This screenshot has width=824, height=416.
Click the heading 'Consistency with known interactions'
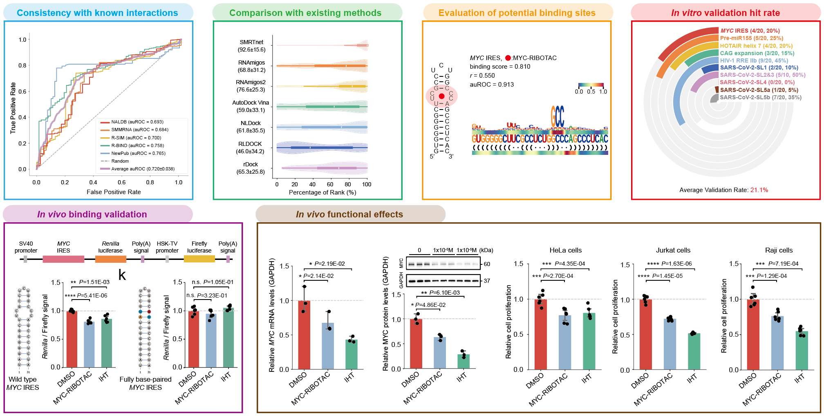pyautogui.click(x=97, y=13)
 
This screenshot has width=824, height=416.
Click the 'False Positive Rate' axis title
pyautogui.click(x=114, y=192)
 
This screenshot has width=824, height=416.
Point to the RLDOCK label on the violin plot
pyautogui.click(x=250, y=144)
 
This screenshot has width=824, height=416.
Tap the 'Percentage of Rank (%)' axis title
pyautogui.click(x=322, y=192)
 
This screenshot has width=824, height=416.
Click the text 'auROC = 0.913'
pyautogui.click(x=492, y=85)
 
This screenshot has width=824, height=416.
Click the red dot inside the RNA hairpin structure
pyautogui.click(x=441, y=96)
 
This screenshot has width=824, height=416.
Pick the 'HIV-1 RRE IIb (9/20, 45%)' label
pyautogui.click(x=754, y=60)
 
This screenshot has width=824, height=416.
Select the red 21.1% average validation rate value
pyautogui.click(x=759, y=190)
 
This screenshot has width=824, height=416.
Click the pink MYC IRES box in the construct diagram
pyautogui.click(x=63, y=259)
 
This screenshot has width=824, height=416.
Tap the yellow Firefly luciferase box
pyautogui.click(x=199, y=259)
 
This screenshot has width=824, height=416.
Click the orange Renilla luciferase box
pyautogui.click(x=110, y=259)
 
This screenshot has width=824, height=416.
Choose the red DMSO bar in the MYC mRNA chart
pyautogui.click(x=304, y=335)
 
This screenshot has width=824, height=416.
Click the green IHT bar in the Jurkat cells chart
pyautogui.click(x=694, y=352)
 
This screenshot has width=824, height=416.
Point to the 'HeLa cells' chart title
pyautogui.click(x=565, y=250)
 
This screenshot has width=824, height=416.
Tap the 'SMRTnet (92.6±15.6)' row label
pyautogui.click(x=251, y=46)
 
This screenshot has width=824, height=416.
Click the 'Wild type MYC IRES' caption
pyautogui.click(x=22, y=383)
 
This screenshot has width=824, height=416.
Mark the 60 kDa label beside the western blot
pyautogui.click(x=487, y=264)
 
